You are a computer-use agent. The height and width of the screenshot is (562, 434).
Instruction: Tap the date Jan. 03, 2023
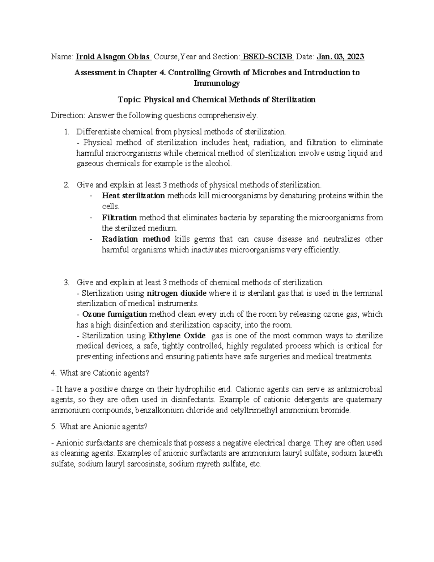tap(340, 57)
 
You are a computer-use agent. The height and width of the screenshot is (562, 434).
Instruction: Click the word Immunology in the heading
tap(217, 84)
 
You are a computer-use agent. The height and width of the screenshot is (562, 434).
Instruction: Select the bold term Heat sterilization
tap(133, 196)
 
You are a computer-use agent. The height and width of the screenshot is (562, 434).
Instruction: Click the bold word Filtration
tap(119, 217)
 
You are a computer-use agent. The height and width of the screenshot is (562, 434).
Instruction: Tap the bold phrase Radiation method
tap(136, 239)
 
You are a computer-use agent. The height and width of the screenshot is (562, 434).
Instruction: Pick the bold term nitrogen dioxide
tap(176, 293)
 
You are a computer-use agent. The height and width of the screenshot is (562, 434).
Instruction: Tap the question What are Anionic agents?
tap(100, 427)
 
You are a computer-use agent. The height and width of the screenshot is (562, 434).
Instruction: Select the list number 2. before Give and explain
tap(66, 185)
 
